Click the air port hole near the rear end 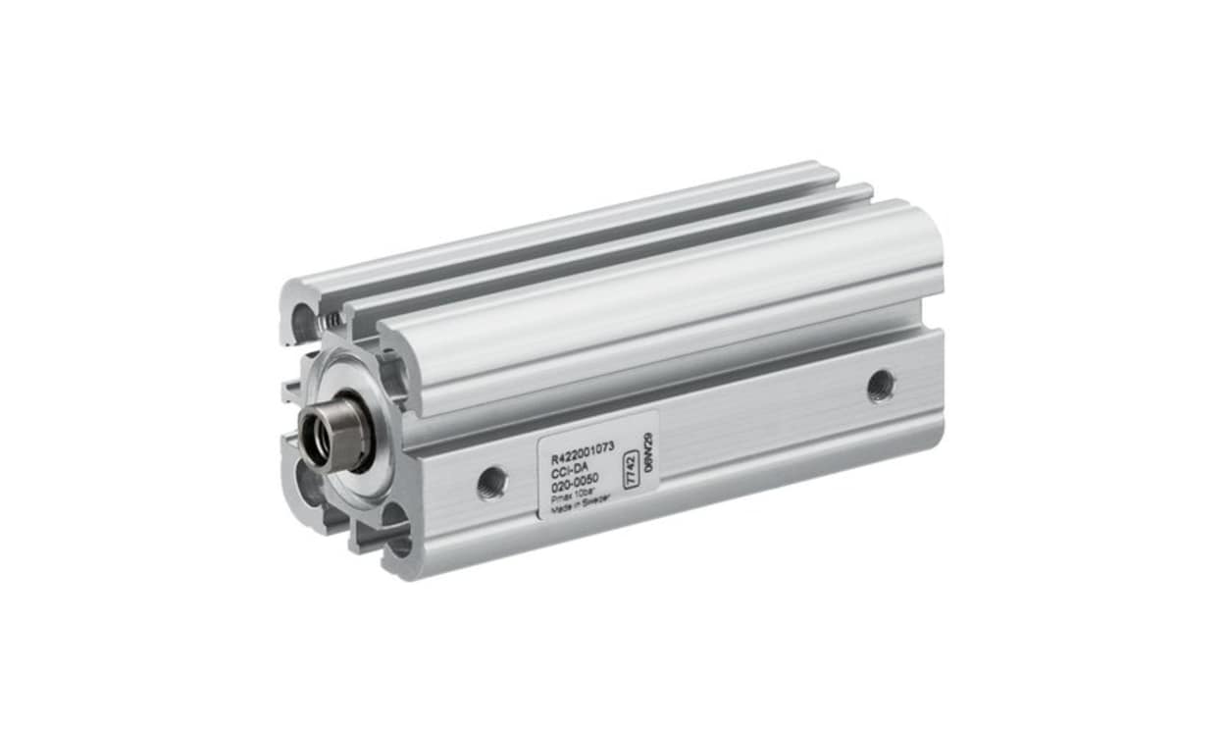pos(880,385)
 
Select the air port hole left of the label pos(491,482)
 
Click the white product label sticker pos(596,465)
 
